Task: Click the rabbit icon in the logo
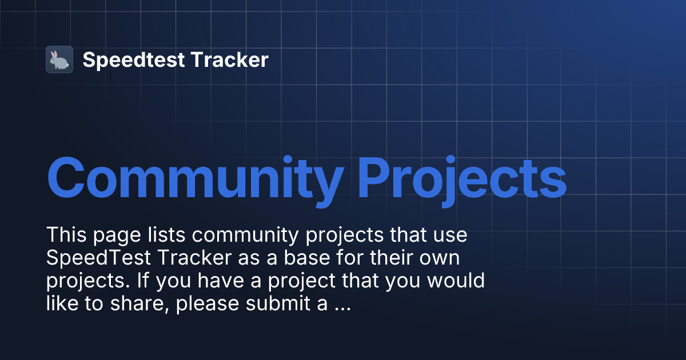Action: [x=59, y=59]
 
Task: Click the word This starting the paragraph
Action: [x=65, y=235]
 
